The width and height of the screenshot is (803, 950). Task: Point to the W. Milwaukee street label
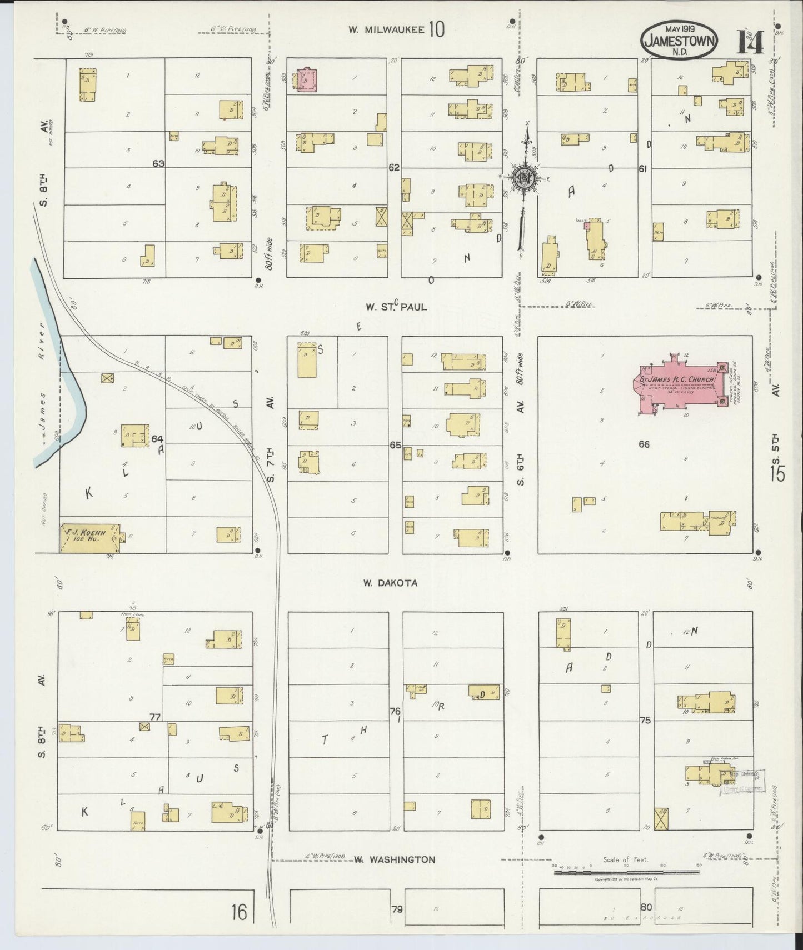[397, 29]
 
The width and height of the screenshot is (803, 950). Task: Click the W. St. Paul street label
[396, 306]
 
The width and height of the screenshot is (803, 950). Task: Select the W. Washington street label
[395, 859]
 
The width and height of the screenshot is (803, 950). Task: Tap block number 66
[644, 444]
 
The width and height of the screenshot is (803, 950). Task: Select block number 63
[159, 163]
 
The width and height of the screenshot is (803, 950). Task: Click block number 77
[154, 717]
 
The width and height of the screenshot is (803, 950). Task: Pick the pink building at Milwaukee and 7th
[306, 79]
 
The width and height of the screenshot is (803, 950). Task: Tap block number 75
[645, 721]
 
